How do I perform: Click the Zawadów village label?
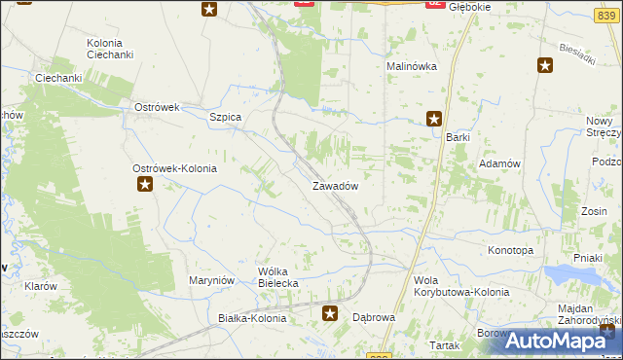tap(336, 185)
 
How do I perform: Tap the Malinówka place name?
tap(412, 66)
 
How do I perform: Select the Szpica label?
tap(225, 117)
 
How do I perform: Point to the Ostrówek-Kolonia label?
tap(174, 168)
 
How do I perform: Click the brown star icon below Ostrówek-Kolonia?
tap(145, 183)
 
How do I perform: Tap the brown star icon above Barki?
tap(434, 120)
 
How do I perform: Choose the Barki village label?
tap(458, 137)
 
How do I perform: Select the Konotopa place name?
tap(510, 250)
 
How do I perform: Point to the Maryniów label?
tap(213, 281)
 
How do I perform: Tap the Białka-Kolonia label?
tap(252, 318)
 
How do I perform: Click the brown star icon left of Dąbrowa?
tap(331, 313)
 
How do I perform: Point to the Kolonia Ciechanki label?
tap(110, 49)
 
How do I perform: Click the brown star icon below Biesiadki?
tap(545, 65)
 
